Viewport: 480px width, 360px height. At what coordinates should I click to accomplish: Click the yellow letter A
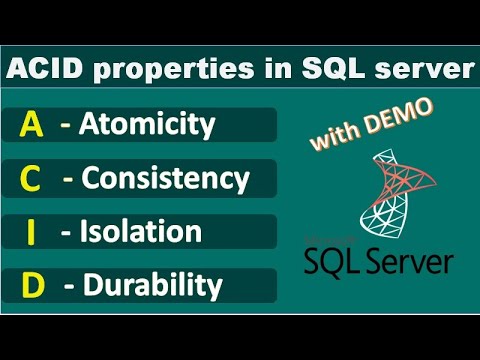(31, 124)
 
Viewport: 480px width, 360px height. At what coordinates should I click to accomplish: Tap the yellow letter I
(32, 232)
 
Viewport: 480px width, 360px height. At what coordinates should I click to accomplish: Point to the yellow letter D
(32, 286)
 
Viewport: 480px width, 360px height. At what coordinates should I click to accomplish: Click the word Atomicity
(151, 125)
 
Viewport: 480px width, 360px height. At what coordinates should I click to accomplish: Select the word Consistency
(165, 179)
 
